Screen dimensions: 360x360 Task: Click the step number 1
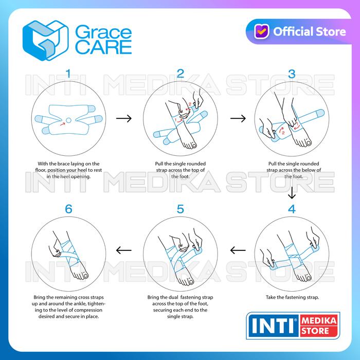[x=68, y=74]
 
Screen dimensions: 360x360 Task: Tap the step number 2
[x=181, y=74]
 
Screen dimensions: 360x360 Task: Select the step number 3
[x=292, y=74]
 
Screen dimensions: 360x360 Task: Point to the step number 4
[x=292, y=209]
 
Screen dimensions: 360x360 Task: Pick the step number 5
[x=181, y=209]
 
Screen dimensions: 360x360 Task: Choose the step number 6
[x=68, y=209]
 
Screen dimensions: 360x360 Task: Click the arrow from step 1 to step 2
[x=124, y=118]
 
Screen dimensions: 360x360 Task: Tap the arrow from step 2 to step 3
[x=238, y=118]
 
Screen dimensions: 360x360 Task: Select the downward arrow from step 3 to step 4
[x=292, y=193]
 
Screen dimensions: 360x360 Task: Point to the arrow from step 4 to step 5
[x=238, y=250]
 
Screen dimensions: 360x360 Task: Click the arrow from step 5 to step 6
[x=124, y=250]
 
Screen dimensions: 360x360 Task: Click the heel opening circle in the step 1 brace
[x=68, y=120]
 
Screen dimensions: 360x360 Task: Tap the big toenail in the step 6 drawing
[x=86, y=276]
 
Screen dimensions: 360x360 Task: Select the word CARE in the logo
[x=103, y=47]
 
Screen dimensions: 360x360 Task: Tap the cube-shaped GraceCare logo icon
[x=45, y=41]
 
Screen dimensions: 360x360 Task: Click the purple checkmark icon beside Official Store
[x=261, y=31]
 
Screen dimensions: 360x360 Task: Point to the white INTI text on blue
[x=273, y=326]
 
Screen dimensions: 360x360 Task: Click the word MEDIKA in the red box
[x=319, y=320]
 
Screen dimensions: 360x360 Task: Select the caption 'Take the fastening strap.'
[x=292, y=297]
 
